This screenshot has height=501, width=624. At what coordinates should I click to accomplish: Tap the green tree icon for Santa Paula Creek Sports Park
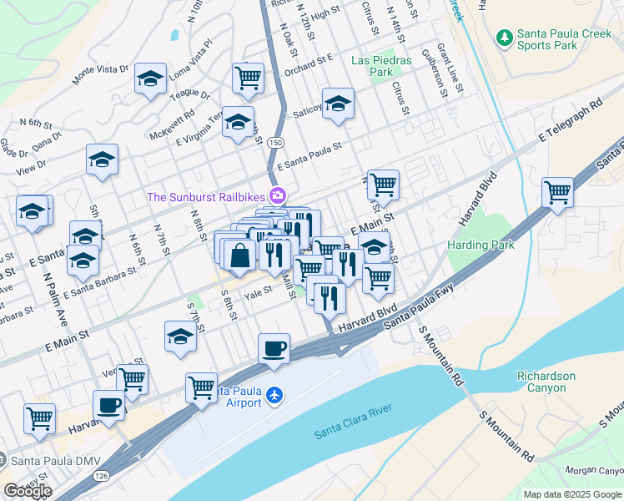click(x=504, y=38)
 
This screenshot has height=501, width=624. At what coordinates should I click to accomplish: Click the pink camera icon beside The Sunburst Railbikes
click(x=278, y=197)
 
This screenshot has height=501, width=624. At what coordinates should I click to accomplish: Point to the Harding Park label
click(x=481, y=245)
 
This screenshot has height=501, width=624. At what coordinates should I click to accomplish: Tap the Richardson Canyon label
click(x=546, y=382)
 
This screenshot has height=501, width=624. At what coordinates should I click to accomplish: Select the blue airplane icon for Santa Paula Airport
click(x=276, y=396)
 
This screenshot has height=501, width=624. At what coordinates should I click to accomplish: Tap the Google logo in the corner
click(x=28, y=491)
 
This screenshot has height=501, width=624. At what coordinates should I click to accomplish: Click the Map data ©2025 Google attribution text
click(x=572, y=494)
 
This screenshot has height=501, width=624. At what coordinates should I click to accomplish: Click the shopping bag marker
click(x=240, y=256)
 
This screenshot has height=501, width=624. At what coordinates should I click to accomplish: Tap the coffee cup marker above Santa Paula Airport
click(x=274, y=349)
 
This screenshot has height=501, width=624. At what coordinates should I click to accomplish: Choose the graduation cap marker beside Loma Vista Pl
click(x=150, y=79)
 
